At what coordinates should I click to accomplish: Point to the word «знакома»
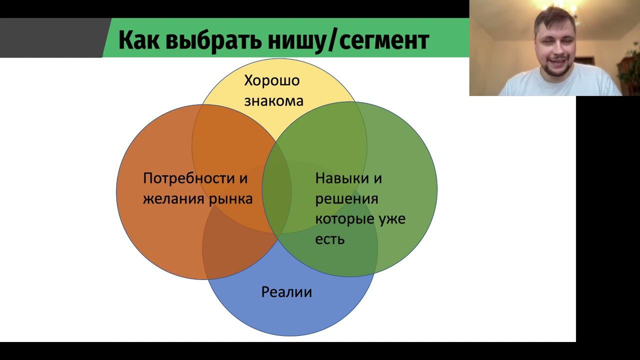tap(273, 100)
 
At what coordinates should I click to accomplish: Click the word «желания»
tap(173, 198)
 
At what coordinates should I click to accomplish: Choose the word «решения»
tap(346, 198)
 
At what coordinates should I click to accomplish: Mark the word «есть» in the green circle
tap(330, 239)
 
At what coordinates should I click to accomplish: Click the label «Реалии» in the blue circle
tap(286, 291)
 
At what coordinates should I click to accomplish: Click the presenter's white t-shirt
tap(560, 85)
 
